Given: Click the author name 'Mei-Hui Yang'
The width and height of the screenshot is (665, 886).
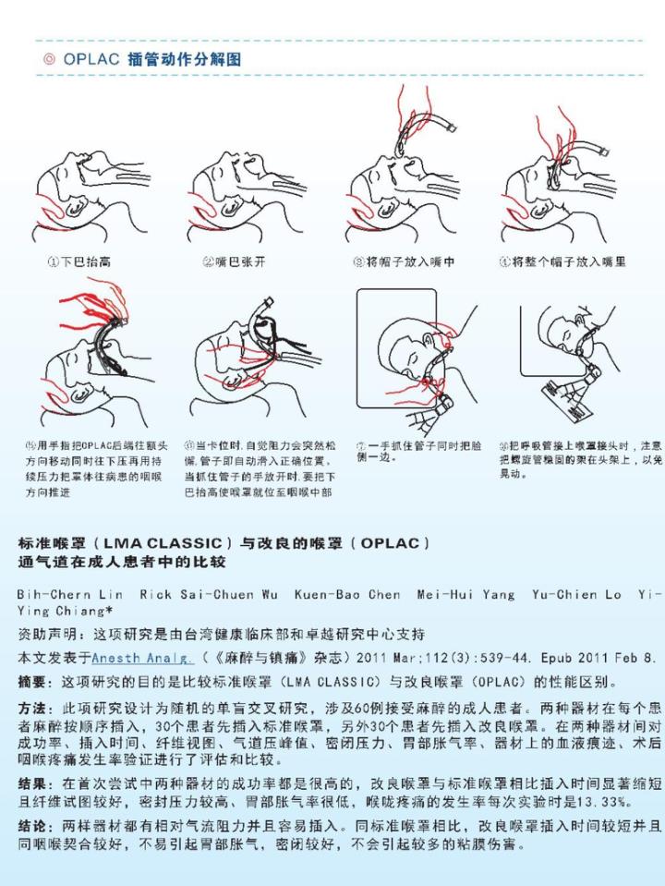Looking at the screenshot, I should click(465, 594).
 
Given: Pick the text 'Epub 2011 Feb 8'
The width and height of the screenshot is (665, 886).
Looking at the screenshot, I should click(594, 659).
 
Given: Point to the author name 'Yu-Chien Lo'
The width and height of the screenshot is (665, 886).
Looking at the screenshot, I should click(576, 594).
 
